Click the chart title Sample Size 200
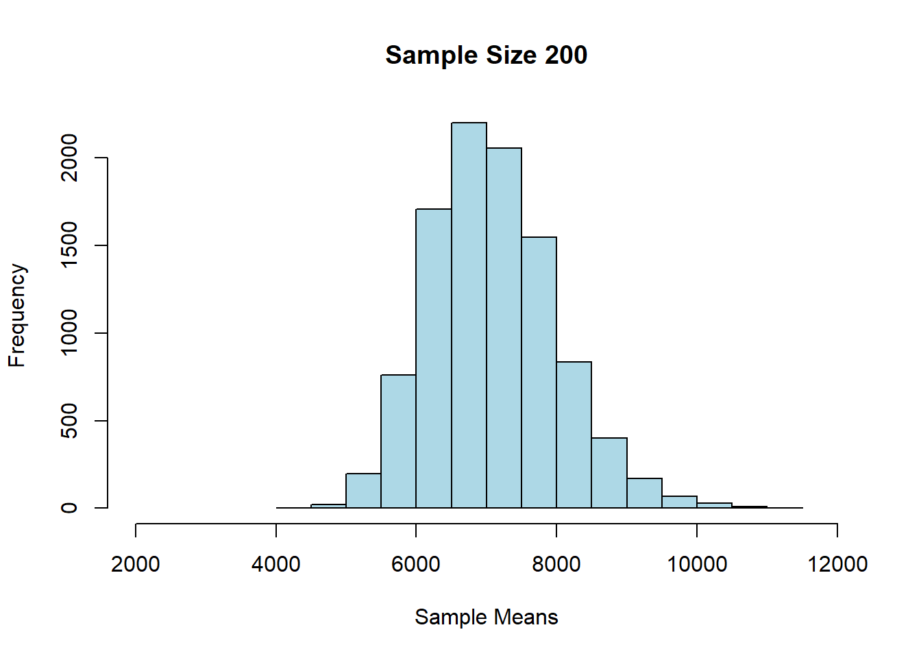(x=486, y=55)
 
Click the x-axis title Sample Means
(x=486, y=617)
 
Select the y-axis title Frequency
(x=17, y=315)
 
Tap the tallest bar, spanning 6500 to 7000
(x=469, y=315)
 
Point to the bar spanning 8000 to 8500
(x=574, y=435)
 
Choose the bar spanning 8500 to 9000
(x=609, y=473)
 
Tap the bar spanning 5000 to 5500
(x=363, y=491)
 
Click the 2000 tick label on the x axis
(x=136, y=564)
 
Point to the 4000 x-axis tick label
(x=276, y=564)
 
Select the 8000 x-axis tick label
(x=556, y=564)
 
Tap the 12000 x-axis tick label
(x=837, y=564)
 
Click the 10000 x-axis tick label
(x=697, y=564)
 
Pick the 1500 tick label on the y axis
(x=69, y=245)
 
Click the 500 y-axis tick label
(x=69, y=420)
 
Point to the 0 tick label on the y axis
(x=69, y=508)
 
